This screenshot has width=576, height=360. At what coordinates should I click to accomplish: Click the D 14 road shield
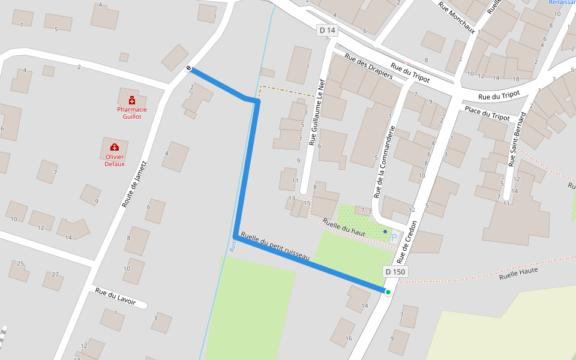pos(326,30)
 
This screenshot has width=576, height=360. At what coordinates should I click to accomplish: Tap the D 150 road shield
pos(395,272)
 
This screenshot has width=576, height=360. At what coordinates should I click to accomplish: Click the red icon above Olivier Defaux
pos(115,148)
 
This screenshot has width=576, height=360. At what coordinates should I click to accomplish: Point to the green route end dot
pos(388,292)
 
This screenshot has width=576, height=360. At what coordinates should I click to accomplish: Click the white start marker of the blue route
pos(189,68)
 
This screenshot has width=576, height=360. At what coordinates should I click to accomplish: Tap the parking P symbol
pos(394,238)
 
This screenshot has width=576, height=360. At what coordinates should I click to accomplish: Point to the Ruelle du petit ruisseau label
pos(275,246)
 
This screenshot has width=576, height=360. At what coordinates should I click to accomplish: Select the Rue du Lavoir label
pos(116,296)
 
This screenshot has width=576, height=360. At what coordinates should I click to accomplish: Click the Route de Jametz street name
pos(134,184)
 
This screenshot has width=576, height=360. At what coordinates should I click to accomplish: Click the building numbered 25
pos(20,264)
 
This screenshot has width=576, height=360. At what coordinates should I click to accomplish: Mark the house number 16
pos(349,338)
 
